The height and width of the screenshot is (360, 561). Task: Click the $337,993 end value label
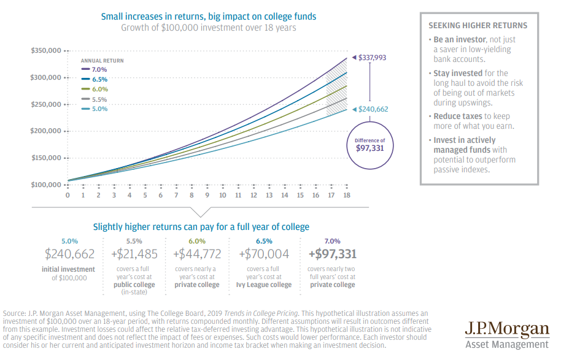click(x=373, y=58)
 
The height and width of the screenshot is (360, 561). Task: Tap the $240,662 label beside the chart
click(x=373, y=109)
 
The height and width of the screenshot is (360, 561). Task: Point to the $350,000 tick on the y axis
click(x=45, y=50)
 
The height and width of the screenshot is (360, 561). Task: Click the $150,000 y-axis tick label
click(x=45, y=158)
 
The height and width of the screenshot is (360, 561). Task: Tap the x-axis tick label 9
click(x=207, y=195)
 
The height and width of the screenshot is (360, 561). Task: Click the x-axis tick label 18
click(x=347, y=195)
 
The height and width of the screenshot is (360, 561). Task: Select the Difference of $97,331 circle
click(x=369, y=145)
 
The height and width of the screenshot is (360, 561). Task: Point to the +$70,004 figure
click(x=264, y=254)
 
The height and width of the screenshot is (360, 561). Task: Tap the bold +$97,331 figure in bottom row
click(x=331, y=254)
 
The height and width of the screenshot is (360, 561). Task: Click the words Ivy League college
click(x=264, y=285)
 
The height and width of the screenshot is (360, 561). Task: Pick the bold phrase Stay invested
click(x=457, y=73)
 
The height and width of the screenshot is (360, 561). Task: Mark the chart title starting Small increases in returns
click(x=209, y=16)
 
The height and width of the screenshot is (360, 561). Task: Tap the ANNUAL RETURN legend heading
click(x=102, y=61)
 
